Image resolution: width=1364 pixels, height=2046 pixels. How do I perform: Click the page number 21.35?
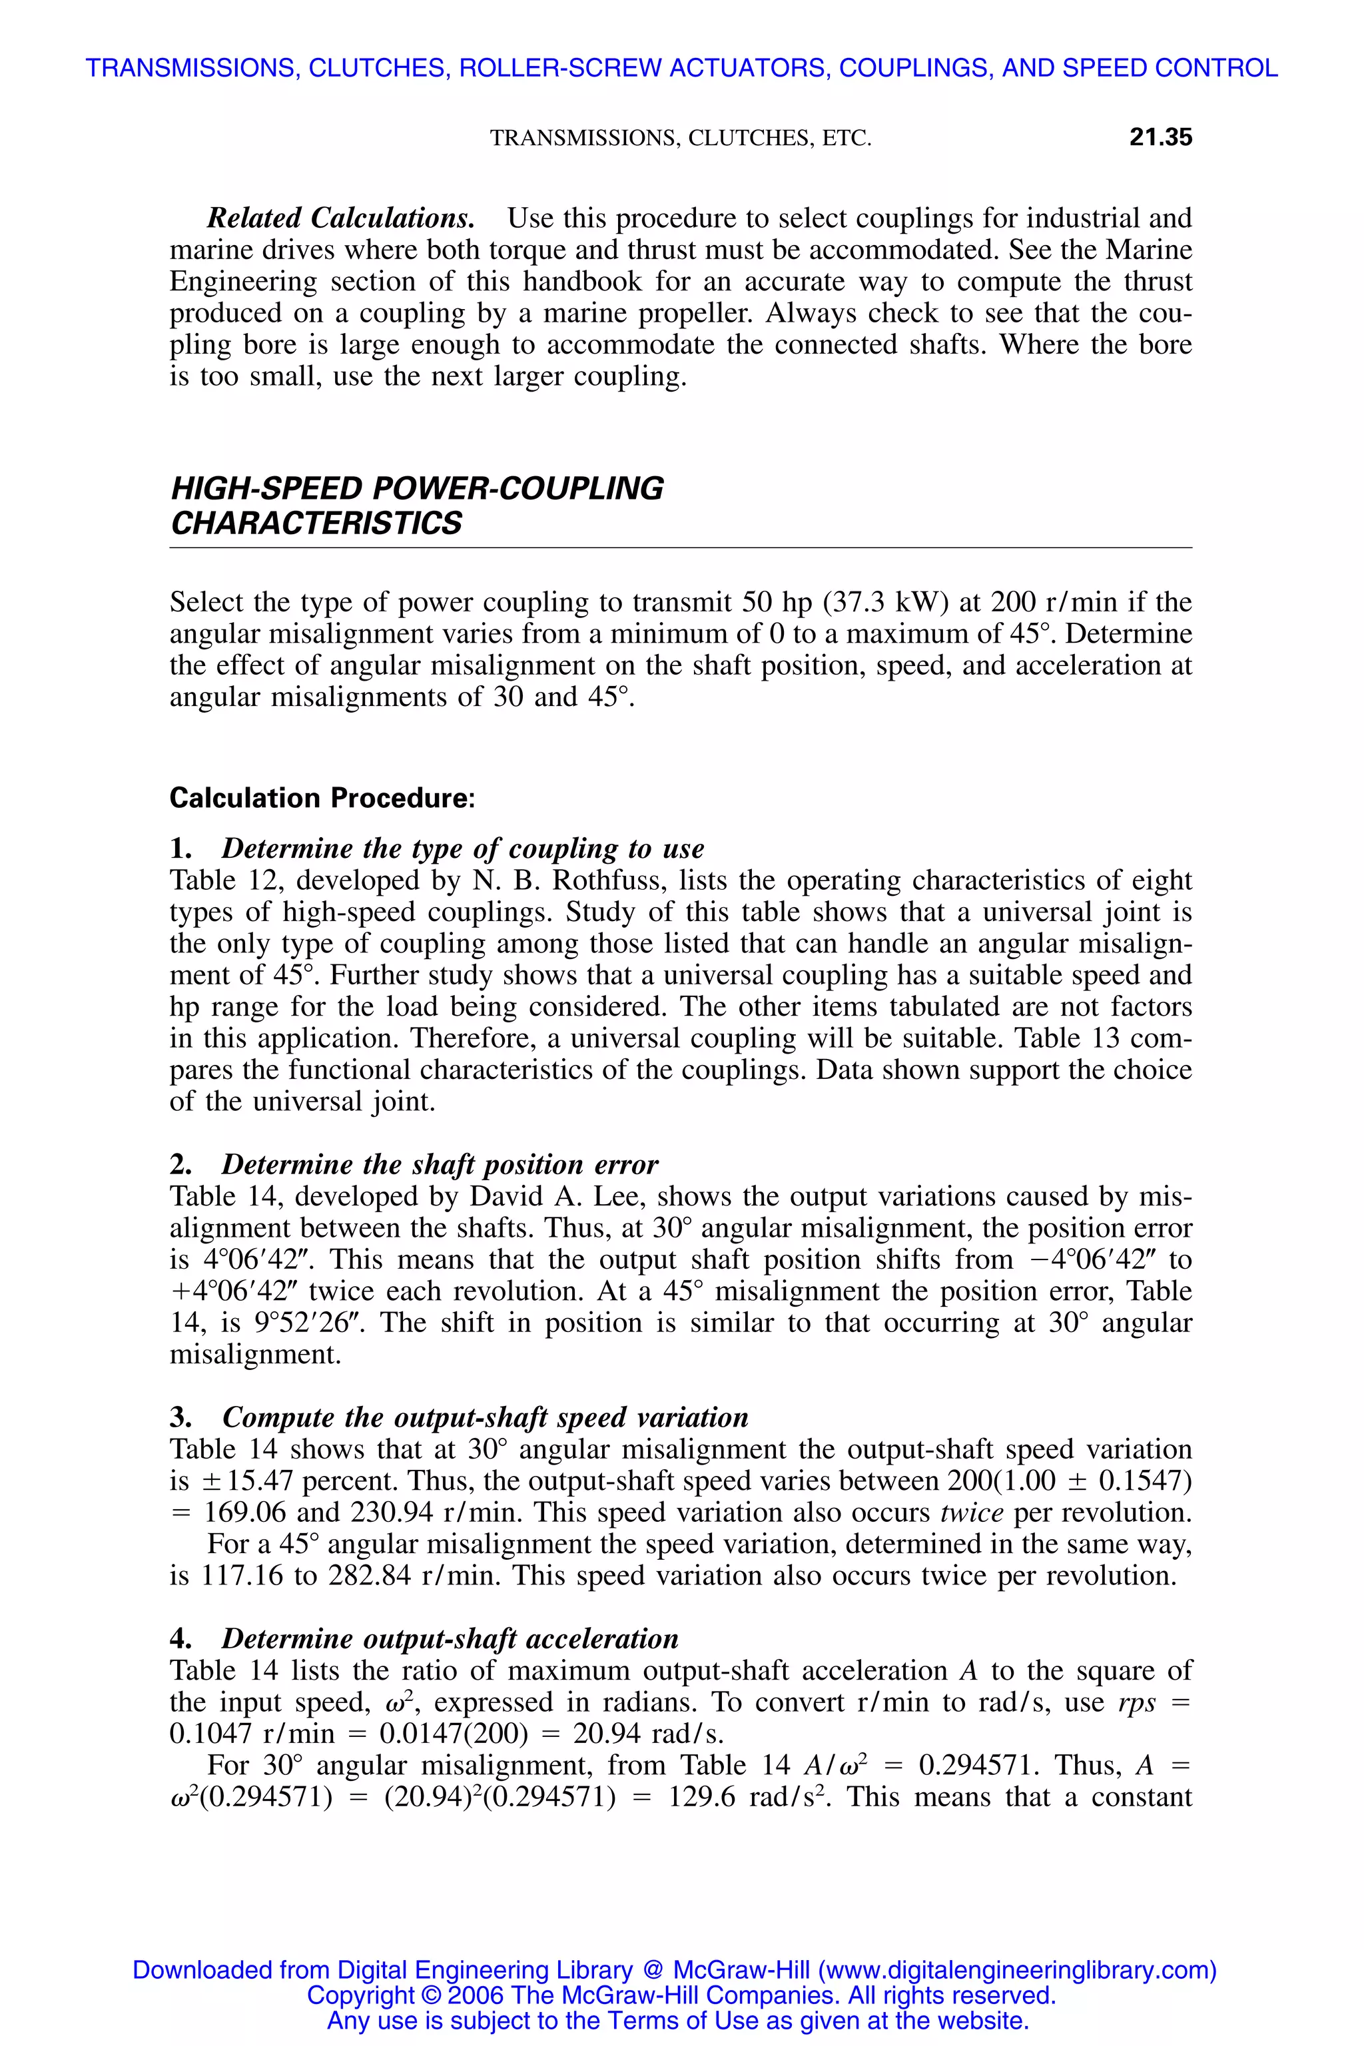(x=1160, y=137)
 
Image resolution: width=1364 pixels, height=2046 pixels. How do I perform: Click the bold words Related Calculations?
(x=340, y=218)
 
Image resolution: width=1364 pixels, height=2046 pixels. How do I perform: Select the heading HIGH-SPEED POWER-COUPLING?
(x=417, y=489)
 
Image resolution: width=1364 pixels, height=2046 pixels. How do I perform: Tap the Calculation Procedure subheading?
(x=322, y=798)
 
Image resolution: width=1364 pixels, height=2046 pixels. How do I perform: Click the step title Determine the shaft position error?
(x=440, y=1164)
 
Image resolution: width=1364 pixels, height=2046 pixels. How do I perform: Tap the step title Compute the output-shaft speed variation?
(x=485, y=1417)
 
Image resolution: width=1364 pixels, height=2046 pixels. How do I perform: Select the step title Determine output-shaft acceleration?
(x=449, y=1639)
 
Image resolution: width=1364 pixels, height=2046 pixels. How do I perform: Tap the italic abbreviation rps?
(x=1137, y=1702)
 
